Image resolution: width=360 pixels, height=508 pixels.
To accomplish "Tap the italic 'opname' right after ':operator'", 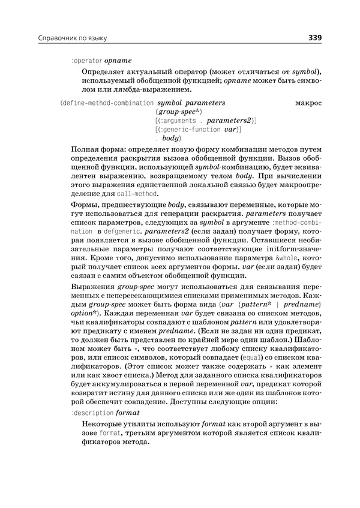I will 118,61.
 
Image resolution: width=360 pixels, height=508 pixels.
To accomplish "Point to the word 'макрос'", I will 309,103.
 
